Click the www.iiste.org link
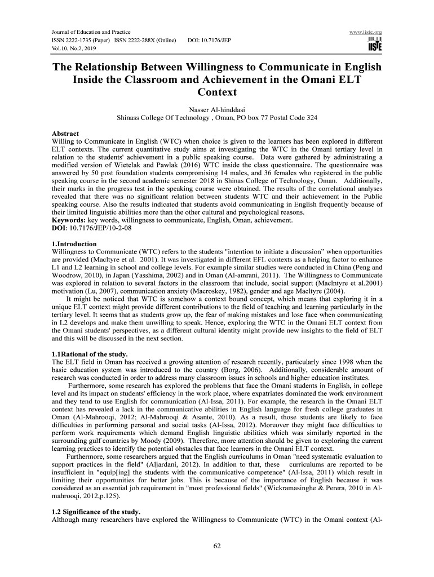pos(366,33)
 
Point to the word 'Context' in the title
pos(217,92)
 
